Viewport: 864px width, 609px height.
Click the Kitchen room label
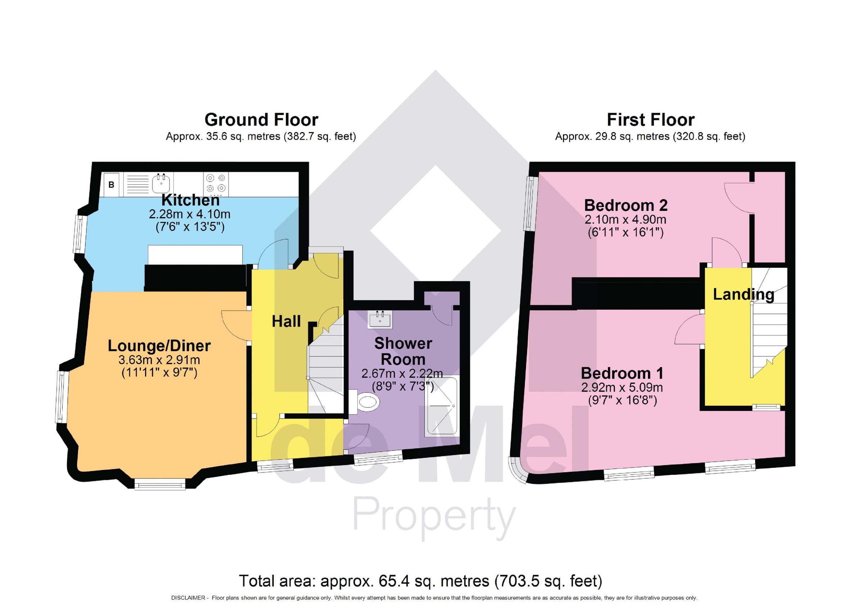(x=190, y=200)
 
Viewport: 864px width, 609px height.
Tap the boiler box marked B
(x=111, y=185)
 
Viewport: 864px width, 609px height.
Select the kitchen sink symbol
(x=161, y=184)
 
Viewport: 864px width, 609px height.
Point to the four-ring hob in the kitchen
(x=216, y=183)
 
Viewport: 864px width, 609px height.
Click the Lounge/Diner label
(x=159, y=346)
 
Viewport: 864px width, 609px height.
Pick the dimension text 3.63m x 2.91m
(x=159, y=360)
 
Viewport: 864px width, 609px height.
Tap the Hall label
(x=286, y=321)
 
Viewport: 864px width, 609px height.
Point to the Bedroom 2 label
(x=625, y=206)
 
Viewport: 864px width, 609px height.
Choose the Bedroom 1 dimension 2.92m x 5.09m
(x=622, y=387)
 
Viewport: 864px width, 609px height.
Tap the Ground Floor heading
(x=261, y=120)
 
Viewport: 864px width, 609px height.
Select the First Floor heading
(x=650, y=120)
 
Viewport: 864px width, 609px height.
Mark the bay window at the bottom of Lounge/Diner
(x=160, y=484)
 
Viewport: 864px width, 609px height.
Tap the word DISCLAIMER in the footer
(x=188, y=597)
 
